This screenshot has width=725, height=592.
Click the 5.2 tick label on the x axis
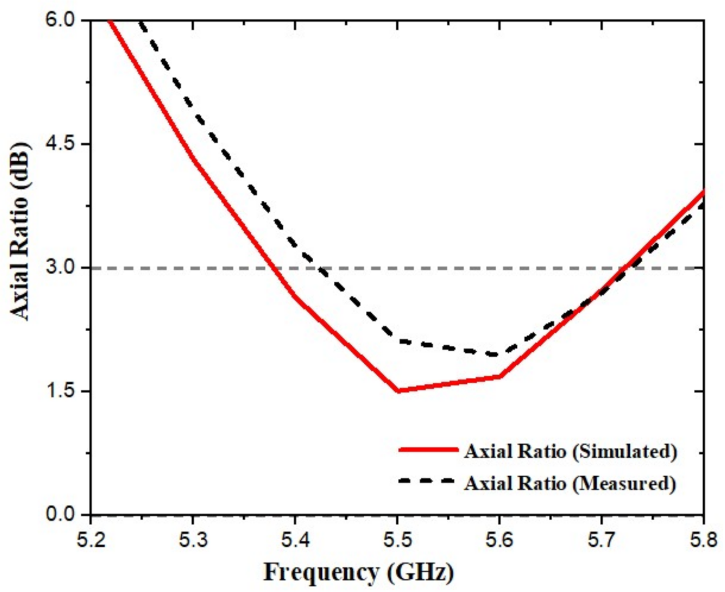91,540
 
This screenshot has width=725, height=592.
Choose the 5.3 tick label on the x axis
193,540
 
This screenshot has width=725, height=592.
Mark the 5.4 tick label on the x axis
295,540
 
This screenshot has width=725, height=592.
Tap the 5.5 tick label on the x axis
397,540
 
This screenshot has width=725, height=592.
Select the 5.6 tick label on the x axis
499,540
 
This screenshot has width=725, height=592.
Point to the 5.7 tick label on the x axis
601,540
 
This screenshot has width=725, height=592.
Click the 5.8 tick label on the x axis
703,540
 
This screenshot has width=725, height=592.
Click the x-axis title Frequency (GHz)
358,572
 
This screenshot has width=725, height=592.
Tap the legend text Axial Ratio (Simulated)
571,451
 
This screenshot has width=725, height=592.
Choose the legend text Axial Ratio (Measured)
570,483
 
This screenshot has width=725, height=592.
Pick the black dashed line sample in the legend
427,481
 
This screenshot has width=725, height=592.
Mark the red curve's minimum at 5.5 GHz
397,391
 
